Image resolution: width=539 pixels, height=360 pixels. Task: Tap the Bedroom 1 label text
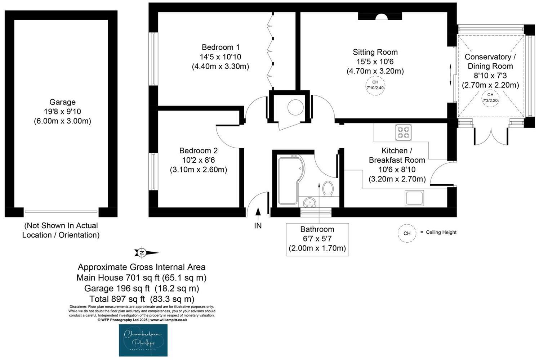220,47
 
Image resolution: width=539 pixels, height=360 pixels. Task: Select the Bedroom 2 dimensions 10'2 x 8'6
198,160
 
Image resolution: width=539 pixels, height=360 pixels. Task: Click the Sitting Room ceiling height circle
375,85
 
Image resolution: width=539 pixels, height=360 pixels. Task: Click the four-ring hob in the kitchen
403,132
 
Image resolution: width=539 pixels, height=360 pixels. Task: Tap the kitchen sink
414,198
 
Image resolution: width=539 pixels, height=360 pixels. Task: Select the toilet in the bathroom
328,189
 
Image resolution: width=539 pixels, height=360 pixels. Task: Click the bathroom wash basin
309,203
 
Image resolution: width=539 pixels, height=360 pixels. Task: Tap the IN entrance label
258,226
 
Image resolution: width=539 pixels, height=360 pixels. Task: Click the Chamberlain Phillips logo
143,340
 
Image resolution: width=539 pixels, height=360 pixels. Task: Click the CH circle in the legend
407,233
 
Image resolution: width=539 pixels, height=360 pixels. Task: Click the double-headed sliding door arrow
450,75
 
